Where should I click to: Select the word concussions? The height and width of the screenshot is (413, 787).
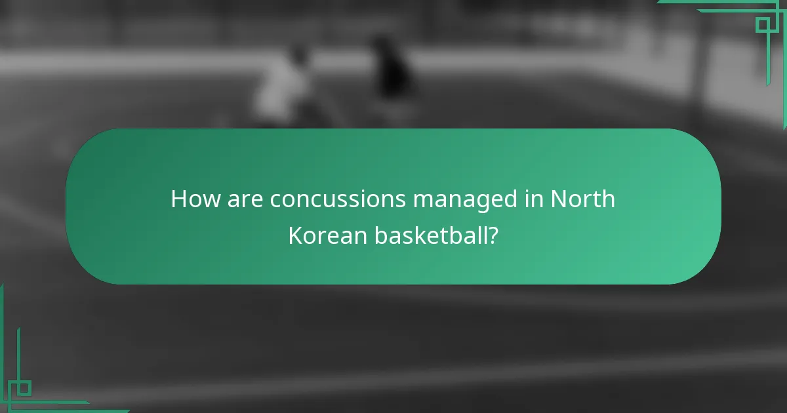[x=338, y=199]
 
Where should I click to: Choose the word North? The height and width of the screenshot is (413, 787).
[x=583, y=199]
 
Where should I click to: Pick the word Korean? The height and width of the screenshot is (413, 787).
[x=328, y=235]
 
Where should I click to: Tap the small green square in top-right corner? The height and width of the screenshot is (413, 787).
[x=762, y=25]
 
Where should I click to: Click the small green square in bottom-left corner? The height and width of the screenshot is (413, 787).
[x=24, y=388]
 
